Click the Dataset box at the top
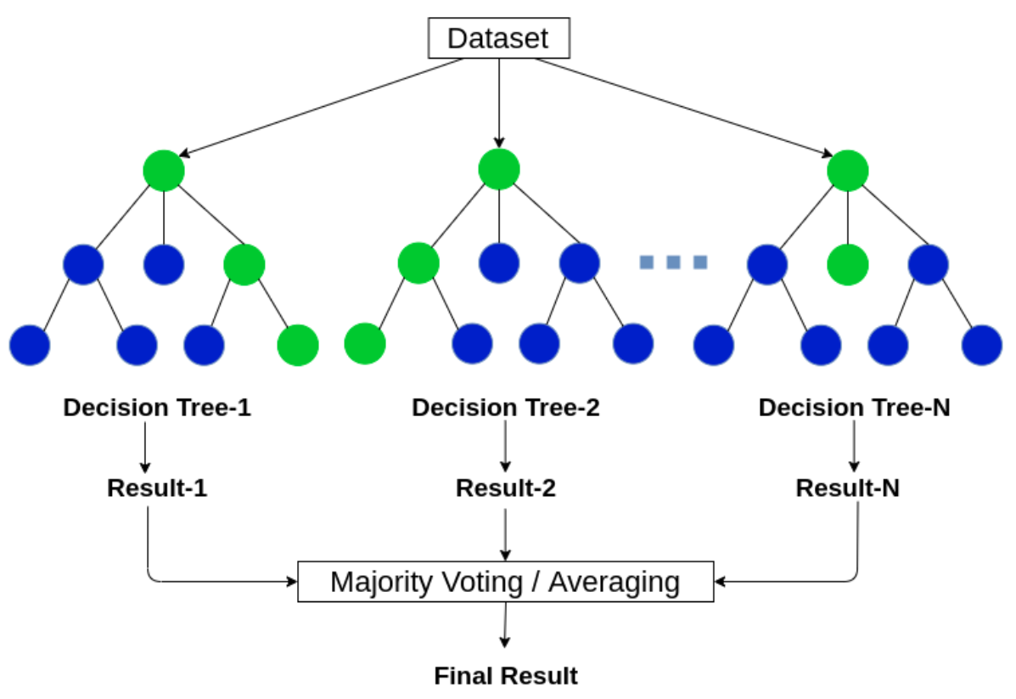click(499, 38)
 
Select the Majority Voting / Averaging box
click(505, 582)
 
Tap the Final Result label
click(505, 676)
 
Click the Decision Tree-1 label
click(157, 407)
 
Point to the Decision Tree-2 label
click(505, 407)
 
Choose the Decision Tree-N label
click(854, 407)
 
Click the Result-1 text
click(157, 488)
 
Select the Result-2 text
click(505, 488)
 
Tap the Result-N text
click(848, 488)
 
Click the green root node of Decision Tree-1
click(164, 171)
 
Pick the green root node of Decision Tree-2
click(499, 169)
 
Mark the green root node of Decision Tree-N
click(848, 171)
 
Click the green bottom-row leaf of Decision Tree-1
click(298, 345)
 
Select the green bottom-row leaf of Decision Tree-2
click(365, 344)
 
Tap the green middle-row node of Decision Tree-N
click(848, 264)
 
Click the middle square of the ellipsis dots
click(673, 262)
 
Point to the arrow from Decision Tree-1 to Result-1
click(145, 448)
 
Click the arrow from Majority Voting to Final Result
click(505, 625)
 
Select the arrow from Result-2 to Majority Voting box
click(505, 535)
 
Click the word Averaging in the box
click(615, 583)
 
